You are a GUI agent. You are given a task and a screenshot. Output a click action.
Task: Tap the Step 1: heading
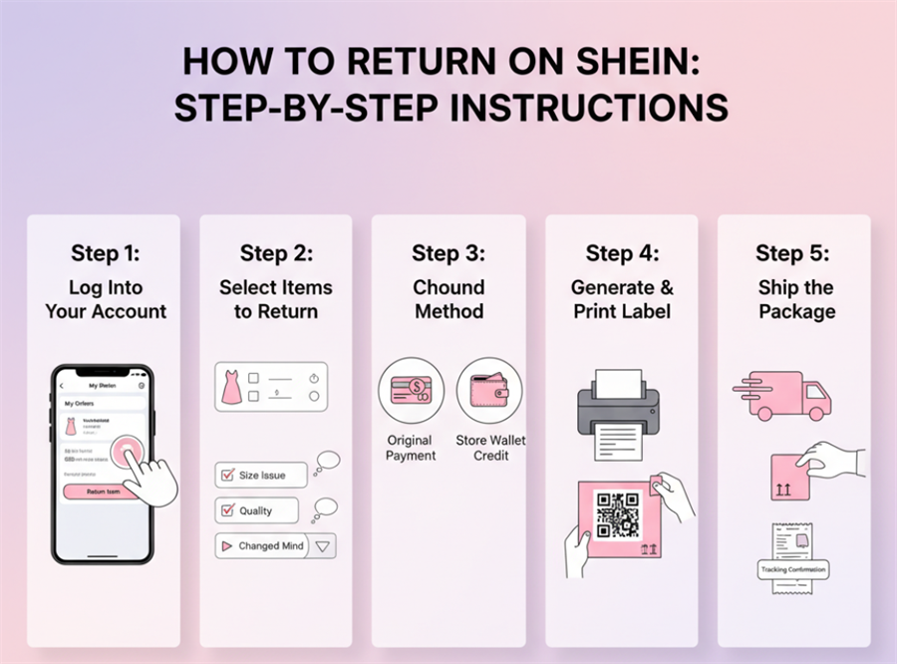coord(106,253)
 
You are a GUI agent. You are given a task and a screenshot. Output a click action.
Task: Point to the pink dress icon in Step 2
coord(231,386)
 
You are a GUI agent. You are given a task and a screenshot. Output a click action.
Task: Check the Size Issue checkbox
coord(226,476)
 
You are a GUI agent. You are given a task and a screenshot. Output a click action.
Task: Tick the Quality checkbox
coord(226,510)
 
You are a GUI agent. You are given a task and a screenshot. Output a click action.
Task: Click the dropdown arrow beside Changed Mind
coord(322,546)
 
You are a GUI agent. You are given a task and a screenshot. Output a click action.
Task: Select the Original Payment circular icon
coord(411,391)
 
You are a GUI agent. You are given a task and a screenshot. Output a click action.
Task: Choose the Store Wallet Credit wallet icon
coord(489,391)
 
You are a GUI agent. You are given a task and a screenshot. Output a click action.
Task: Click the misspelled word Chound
coord(448,287)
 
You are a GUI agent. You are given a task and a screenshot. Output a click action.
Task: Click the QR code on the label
coord(618,515)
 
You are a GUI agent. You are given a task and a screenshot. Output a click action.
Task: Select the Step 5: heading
coord(792,253)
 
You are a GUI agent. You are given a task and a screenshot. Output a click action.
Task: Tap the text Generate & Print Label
coord(622,299)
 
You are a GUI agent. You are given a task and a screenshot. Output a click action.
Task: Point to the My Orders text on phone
coord(80,404)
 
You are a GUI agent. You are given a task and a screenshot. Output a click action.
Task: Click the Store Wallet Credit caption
coord(490,448)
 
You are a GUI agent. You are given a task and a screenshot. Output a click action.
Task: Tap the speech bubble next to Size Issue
coord(327,462)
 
